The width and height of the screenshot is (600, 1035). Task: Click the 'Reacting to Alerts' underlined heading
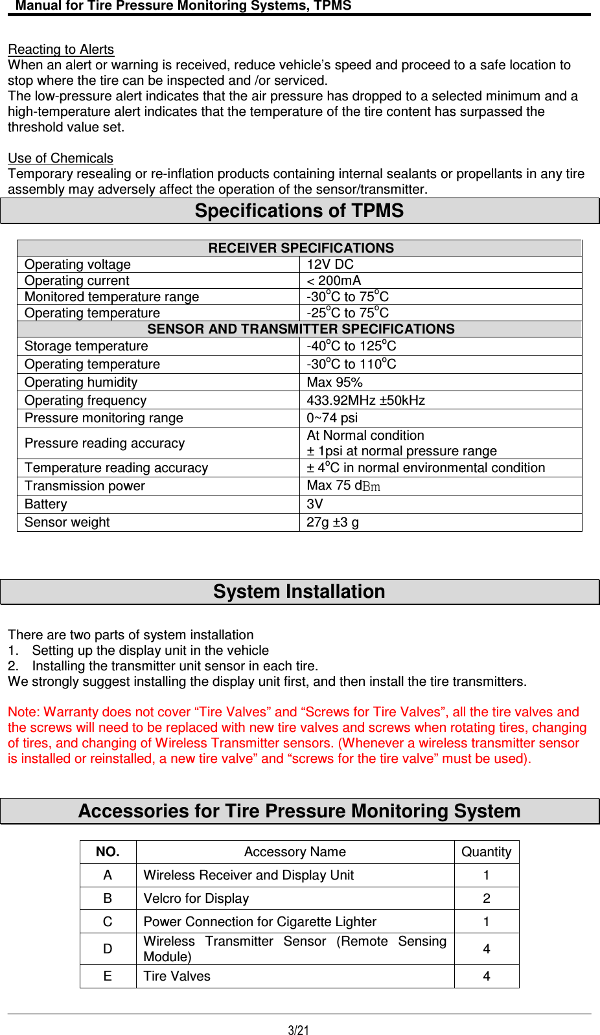pos(61,50)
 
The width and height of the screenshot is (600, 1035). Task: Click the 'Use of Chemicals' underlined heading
pos(60,159)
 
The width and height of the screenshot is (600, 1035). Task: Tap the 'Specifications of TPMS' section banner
pos(299,211)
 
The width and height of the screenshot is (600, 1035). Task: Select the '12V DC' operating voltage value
pos(330,264)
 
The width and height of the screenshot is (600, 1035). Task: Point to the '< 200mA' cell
pos(334,280)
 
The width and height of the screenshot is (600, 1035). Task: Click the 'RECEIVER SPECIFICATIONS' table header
pos(301,248)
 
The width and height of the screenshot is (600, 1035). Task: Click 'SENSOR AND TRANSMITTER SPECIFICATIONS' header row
pos(301,329)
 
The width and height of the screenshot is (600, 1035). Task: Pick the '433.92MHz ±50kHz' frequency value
pos(365,400)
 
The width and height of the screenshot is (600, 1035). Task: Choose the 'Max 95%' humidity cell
pos(334,382)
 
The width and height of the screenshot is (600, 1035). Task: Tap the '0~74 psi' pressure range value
pos(332,418)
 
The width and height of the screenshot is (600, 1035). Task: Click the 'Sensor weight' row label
pos(67,522)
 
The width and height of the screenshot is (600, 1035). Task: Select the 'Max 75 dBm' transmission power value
pos(343,486)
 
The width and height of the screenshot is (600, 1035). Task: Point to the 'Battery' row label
pos(46,504)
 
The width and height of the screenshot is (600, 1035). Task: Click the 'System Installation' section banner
pos(299,592)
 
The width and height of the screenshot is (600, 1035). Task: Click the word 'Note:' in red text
pos(24,712)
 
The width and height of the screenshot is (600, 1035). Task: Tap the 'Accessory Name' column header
pos(295,852)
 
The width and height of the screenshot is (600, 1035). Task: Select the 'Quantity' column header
pos(486,852)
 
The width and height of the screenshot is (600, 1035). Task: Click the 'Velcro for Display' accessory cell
pos(196,898)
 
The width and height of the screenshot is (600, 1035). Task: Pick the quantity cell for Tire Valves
pos(486,976)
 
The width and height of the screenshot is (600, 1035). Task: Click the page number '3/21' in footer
pos(299,1030)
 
